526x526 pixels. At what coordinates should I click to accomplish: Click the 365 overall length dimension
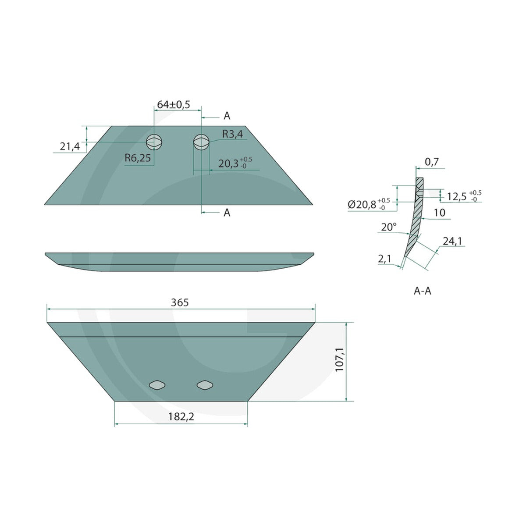180,302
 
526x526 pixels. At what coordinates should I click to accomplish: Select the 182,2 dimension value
181,417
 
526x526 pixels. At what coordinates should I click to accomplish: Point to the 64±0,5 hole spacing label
174,105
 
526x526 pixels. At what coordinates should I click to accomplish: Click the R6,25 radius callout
138,158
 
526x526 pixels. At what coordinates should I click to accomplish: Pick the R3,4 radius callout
233,134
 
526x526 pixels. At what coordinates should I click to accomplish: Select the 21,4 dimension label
70,147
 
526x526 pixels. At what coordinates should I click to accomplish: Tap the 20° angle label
389,227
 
